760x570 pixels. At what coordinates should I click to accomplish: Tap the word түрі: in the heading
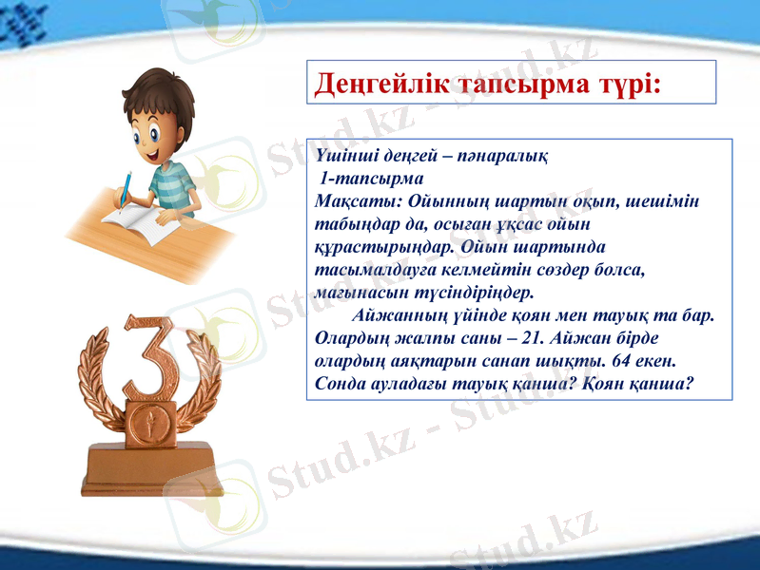click(x=623, y=85)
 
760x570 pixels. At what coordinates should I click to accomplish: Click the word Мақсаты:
click(x=352, y=200)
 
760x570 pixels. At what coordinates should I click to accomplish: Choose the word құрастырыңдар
click(x=381, y=246)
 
